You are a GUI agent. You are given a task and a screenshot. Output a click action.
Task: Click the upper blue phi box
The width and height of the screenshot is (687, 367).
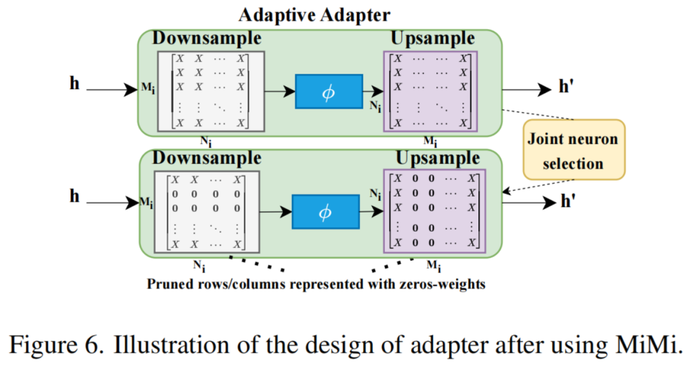click(x=328, y=92)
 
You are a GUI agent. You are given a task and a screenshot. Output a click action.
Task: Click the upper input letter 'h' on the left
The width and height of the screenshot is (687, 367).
click(x=74, y=83)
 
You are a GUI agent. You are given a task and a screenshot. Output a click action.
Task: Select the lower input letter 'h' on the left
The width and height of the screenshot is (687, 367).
click(x=74, y=197)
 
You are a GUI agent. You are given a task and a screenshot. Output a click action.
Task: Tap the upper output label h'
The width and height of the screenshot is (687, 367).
click(x=567, y=88)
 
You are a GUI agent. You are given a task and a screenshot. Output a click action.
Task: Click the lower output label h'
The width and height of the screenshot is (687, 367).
click(x=567, y=202)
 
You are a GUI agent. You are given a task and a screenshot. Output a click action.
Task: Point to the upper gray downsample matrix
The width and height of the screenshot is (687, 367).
click(x=211, y=90)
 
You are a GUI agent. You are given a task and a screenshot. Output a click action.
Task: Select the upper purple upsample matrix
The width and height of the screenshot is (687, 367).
click(x=431, y=92)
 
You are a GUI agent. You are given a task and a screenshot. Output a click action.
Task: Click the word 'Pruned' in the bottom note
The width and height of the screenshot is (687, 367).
click(x=169, y=284)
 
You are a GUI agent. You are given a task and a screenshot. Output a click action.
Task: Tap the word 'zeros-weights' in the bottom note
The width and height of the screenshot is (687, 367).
click(x=449, y=284)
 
